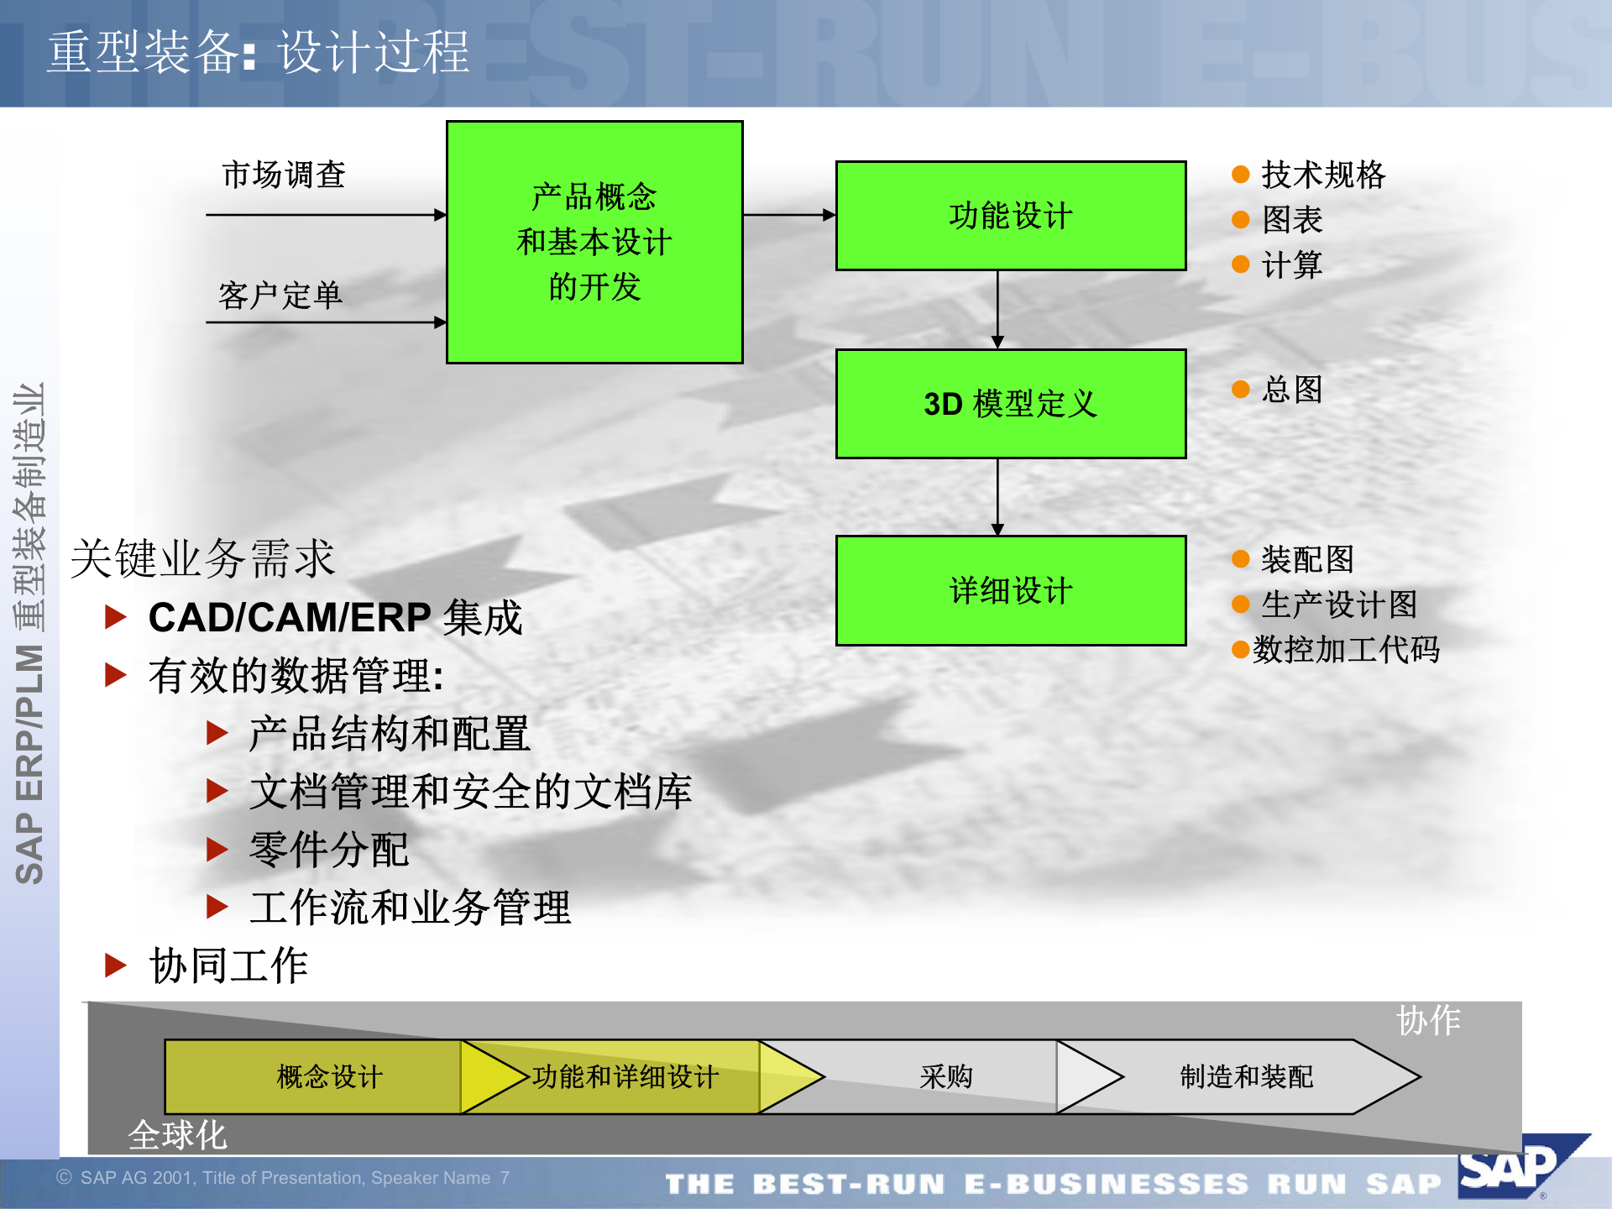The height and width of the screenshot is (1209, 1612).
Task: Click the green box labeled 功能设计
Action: [1010, 216]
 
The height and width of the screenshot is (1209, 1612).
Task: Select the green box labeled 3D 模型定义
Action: [1010, 404]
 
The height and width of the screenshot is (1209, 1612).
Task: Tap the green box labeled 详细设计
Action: [1010, 590]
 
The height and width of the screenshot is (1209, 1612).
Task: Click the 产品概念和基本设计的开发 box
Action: [594, 242]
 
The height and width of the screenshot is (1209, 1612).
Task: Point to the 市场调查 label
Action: [284, 175]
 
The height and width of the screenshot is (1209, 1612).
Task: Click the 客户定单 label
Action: [280, 296]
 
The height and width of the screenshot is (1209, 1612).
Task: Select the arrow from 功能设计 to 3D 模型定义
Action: [997, 309]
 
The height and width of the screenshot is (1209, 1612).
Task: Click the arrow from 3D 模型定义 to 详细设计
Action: [997, 496]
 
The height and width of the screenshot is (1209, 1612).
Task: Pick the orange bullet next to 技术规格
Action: [1240, 175]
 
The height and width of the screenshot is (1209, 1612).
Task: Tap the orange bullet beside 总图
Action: [1240, 389]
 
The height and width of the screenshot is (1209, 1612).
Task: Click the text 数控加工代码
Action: [1346, 650]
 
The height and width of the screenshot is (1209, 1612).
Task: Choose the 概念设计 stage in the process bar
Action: [329, 1076]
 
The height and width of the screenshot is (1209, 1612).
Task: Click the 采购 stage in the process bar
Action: [945, 1076]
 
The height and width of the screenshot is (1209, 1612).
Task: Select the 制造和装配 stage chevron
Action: [1246, 1076]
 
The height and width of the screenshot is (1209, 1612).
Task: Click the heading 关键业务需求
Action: [203, 558]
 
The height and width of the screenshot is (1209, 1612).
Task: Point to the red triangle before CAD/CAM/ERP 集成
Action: [116, 618]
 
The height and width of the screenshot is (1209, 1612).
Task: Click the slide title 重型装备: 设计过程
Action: [258, 52]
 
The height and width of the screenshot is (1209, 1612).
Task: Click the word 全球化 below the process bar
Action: [177, 1136]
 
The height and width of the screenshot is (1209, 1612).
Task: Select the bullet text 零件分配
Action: [329, 850]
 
